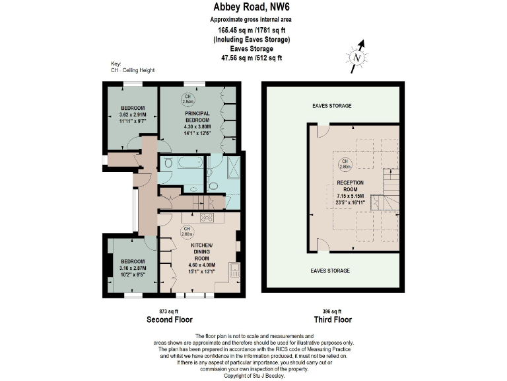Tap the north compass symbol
(357, 58)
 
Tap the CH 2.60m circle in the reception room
(344, 163)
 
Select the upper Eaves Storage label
(331, 106)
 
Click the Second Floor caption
(169, 319)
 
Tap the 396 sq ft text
(332, 311)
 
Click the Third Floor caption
(332, 319)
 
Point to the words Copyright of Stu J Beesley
(253, 374)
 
